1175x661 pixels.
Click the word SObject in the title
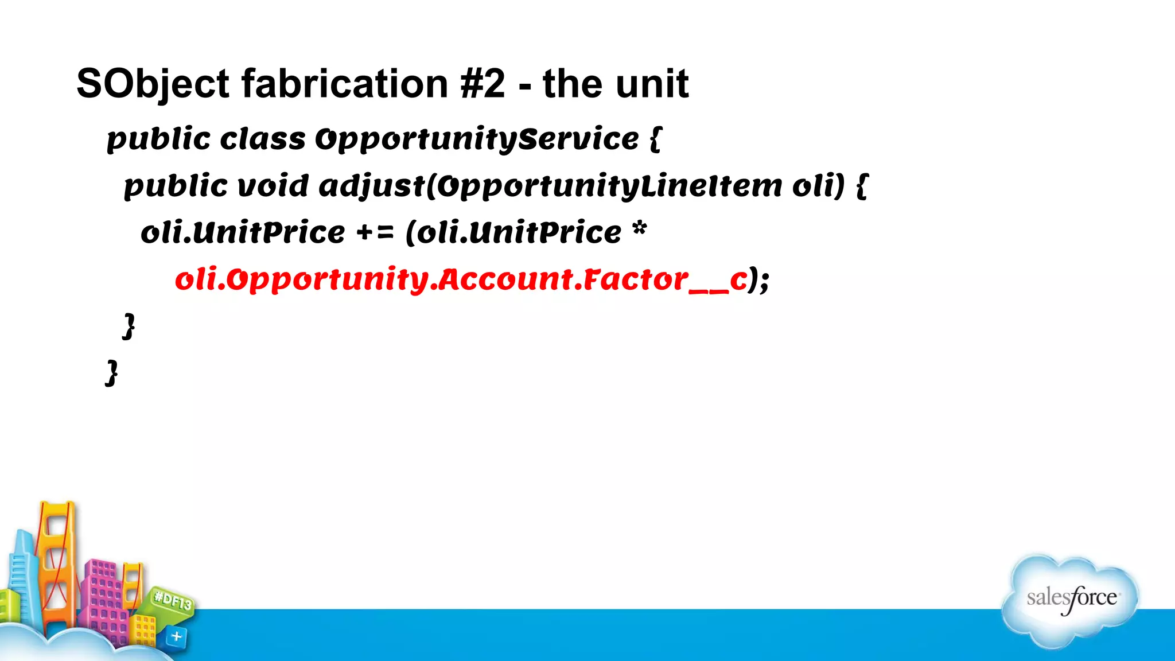153,84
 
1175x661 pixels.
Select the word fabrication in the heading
344,84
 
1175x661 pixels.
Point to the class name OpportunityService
477,139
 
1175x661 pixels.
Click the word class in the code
263,139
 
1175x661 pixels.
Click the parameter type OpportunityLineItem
608,186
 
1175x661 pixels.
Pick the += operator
375,233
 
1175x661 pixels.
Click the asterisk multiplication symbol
639,230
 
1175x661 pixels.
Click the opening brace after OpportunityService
656,139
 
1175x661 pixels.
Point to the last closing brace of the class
112,373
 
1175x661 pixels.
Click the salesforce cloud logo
1071,600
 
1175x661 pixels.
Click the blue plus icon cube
176,636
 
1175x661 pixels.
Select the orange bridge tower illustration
56,562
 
